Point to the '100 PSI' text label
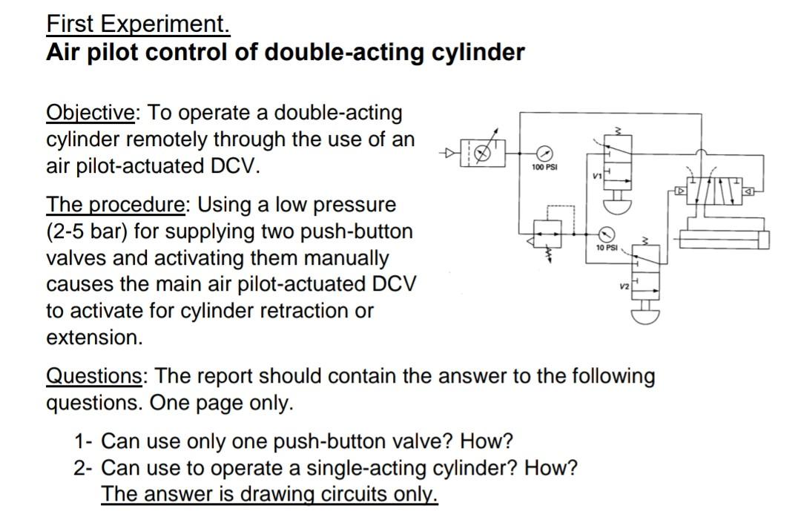coord(544,168)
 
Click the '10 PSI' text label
coord(606,247)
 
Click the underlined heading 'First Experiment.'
coord(138,24)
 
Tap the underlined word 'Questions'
coord(95,376)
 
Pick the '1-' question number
coord(83,442)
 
